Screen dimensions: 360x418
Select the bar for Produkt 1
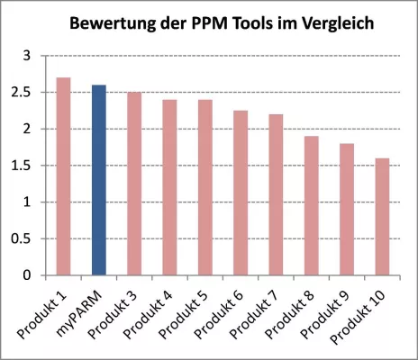tap(64, 176)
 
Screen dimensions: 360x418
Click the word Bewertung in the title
tap(112, 21)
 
